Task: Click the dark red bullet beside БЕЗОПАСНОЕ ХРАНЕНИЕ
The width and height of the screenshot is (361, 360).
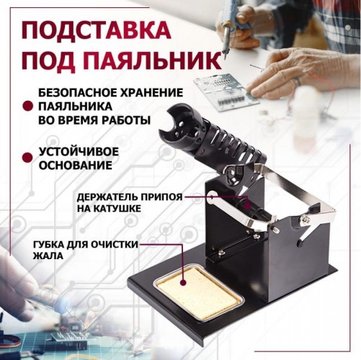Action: coord(27,106)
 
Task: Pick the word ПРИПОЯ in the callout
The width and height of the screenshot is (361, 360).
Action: coord(163,196)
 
